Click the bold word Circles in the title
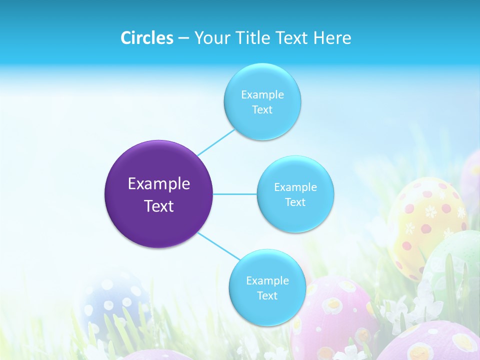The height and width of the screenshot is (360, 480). click(x=146, y=38)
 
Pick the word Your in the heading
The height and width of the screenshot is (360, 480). click(x=210, y=38)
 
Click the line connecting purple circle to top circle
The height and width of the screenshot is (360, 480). click(x=216, y=142)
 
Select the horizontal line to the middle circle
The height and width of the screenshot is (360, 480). click(x=235, y=194)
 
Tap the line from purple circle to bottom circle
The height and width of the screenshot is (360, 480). click(x=219, y=245)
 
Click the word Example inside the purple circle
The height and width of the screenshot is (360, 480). click(x=159, y=184)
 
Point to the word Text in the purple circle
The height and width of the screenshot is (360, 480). click(x=159, y=206)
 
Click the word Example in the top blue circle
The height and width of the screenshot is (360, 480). click(x=262, y=94)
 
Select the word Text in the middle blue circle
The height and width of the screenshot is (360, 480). click(x=295, y=202)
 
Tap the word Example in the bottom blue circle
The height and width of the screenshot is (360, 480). click(x=267, y=280)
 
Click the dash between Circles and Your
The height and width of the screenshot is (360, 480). click(x=183, y=38)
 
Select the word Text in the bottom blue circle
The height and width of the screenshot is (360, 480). click(x=267, y=295)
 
